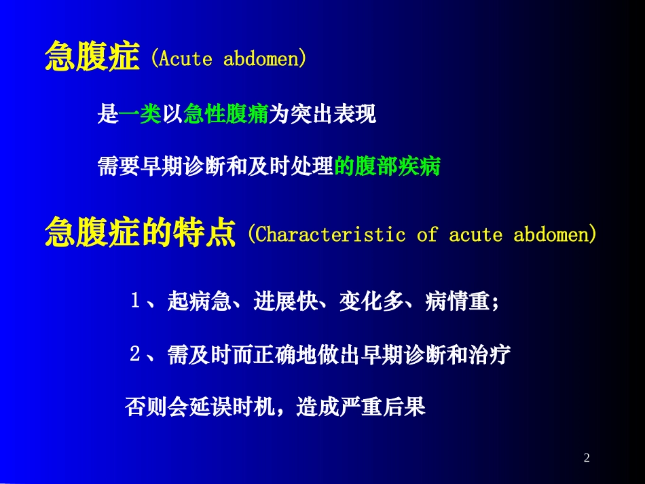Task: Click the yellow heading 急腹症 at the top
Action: (x=92, y=57)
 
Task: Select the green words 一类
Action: (x=141, y=115)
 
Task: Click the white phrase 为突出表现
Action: (x=322, y=115)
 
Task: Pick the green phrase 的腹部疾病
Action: (x=388, y=167)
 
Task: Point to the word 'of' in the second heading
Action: (x=427, y=235)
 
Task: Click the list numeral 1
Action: (x=135, y=301)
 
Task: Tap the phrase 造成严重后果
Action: (x=361, y=407)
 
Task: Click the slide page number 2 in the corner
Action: (x=587, y=458)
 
